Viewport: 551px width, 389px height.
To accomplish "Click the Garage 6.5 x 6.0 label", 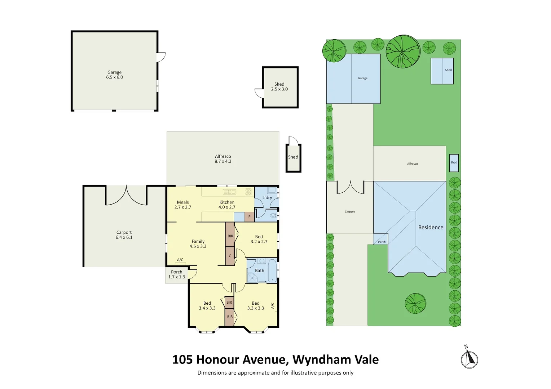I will tap(114, 75).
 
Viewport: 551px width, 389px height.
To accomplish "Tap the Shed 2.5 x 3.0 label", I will tap(279, 87).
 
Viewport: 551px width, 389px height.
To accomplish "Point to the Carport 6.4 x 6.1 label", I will tap(124, 235).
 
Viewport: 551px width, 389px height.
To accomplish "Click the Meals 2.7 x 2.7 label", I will tap(183, 205).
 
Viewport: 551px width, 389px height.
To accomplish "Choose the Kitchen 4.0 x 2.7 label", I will tap(227, 205).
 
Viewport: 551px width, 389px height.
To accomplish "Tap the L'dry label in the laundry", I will tap(267, 198).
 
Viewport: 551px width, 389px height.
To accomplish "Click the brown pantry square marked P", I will tap(249, 217).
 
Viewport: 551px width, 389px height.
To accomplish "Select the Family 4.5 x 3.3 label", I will tap(198, 244).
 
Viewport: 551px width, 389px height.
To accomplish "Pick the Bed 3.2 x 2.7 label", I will tap(259, 239).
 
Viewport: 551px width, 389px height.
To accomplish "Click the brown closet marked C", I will tap(230, 256).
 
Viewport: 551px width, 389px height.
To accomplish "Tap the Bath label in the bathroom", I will tap(260, 270).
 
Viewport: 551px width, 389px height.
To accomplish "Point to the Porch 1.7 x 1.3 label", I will tap(177, 274).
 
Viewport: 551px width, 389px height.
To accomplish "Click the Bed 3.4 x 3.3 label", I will tap(207, 306).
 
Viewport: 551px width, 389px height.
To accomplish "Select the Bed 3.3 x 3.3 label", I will tap(256, 306).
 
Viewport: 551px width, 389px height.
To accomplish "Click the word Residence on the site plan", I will tap(431, 227).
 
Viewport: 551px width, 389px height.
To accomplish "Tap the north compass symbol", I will tap(469, 359).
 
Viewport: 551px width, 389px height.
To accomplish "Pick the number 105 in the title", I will tap(182, 359).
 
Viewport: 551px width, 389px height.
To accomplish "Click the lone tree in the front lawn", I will tap(415, 303).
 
